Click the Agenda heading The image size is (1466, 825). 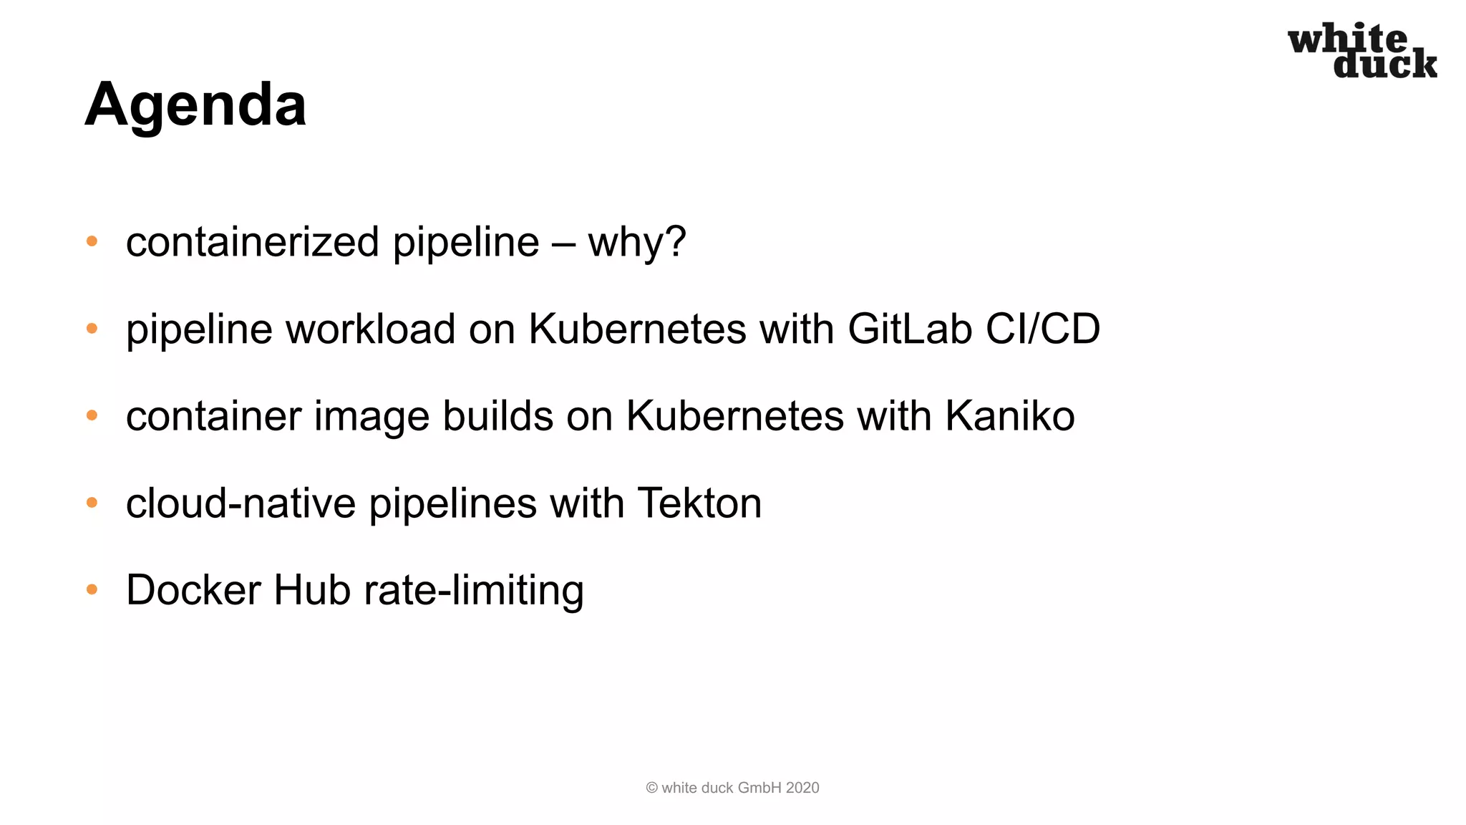click(x=195, y=105)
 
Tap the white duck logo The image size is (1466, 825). click(x=1362, y=50)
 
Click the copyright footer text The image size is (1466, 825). click(x=732, y=788)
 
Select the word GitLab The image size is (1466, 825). click(x=909, y=329)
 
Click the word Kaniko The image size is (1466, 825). click(x=1009, y=416)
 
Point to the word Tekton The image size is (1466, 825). click(x=699, y=503)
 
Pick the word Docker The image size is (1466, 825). click(x=193, y=590)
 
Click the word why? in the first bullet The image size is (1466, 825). click(x=637, y=242)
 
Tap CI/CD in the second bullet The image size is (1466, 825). click(x=1042, y=329)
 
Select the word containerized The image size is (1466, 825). click(x=253, y=242)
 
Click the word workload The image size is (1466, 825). click(x=371, y=329)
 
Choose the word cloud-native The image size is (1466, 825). click(x=241, y=503)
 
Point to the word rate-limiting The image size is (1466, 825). click(x=474, y=590)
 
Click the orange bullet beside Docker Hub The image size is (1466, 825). click(x=92, y=589)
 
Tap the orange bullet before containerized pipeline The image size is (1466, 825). click(x=92, y=241)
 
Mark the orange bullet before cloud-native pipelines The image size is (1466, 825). click(x=92, y=503)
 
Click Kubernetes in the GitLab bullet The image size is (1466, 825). click(x=637, y=329)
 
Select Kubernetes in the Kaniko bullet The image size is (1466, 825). click(x=735, y=416)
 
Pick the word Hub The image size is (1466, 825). click(x=312, y=590)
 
